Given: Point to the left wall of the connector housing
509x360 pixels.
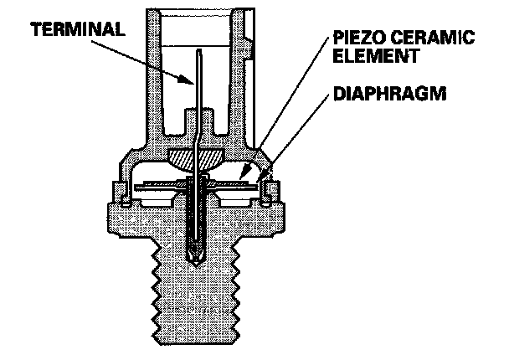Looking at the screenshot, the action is click(x=156, y=84).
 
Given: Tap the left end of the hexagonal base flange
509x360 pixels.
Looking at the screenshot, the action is click(x=107, y=217).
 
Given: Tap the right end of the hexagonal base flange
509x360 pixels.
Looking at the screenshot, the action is click(x=288, y=217).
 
